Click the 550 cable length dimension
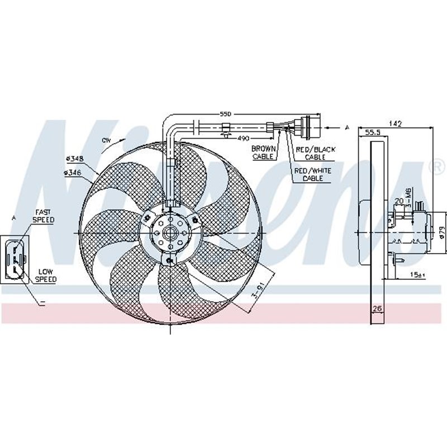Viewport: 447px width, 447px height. (x=225, y=113)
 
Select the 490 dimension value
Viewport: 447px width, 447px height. (x=242, y=137)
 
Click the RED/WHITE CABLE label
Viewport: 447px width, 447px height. (x=313, y=174)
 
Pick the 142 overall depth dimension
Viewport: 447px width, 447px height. (x=395, y=123)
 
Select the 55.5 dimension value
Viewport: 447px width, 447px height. (x=373, y=133)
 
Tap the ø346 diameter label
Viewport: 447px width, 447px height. (x=73, y=173)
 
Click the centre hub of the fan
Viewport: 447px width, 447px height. (x=169, y=232)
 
